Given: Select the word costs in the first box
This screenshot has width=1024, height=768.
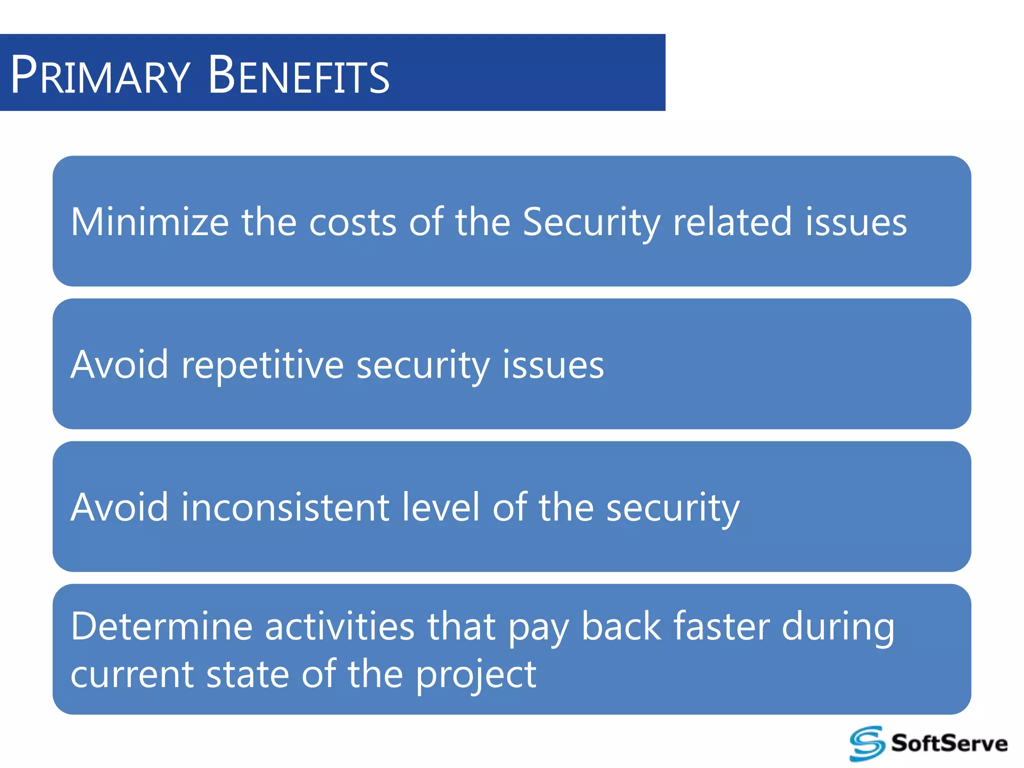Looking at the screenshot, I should coord(352,222).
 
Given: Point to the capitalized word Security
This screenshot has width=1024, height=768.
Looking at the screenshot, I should coord(591,222).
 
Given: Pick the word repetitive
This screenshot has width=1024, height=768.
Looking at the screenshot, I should coord(262,365).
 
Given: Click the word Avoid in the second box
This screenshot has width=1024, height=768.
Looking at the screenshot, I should coord(119,364).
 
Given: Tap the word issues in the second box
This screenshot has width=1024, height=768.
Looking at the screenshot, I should coord(553,364).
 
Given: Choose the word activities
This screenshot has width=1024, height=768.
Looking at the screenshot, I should coord(339,626).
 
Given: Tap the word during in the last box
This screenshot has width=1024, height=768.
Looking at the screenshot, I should coord(838,627).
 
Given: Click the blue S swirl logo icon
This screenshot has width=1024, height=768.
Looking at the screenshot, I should coord(867,743).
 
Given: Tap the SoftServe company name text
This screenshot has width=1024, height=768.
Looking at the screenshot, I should coord(949,743).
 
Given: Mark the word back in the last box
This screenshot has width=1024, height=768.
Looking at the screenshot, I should coord(621,626).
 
